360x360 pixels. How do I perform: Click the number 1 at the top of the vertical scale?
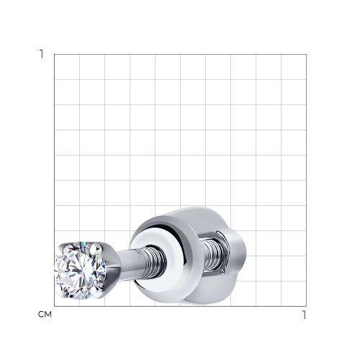point(42,54)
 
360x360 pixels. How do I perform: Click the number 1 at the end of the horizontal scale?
point(305,315)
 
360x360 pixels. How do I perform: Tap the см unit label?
point(45,315)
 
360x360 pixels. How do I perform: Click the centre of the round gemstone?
point(81,271)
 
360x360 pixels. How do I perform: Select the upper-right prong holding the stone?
point(97,249)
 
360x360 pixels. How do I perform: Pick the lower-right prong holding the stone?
point(96,293)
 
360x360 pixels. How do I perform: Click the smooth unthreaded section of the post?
point(127,264)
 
